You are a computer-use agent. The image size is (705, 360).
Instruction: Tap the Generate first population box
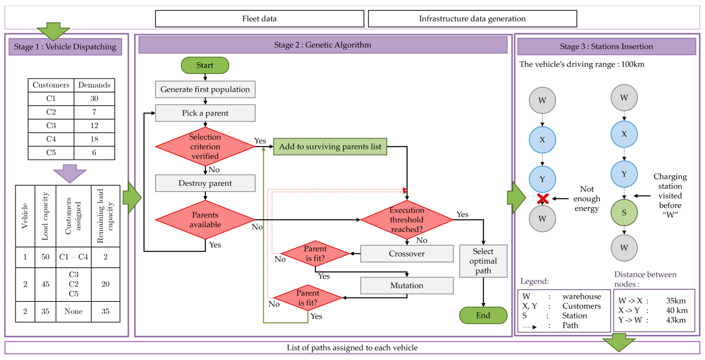[205, 89]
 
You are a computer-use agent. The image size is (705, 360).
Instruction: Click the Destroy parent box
[205, 183]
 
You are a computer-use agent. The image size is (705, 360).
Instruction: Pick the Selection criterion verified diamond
[205, 146]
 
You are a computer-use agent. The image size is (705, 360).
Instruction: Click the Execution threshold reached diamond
[407, 220]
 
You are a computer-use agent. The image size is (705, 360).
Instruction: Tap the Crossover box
[407, 254]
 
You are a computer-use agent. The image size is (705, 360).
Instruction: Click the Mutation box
[407, 285]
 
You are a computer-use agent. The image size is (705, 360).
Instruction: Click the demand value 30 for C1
[94, 98]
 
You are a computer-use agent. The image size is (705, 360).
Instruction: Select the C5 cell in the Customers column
[51, 152]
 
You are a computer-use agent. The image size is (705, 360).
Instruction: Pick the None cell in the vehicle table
[73, 311]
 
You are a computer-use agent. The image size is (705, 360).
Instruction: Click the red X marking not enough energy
[542, 199]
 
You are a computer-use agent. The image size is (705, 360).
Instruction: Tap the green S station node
[624, 213]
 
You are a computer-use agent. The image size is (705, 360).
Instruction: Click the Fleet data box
[259, 19]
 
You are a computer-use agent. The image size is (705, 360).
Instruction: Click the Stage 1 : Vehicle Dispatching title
[65, 47]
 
